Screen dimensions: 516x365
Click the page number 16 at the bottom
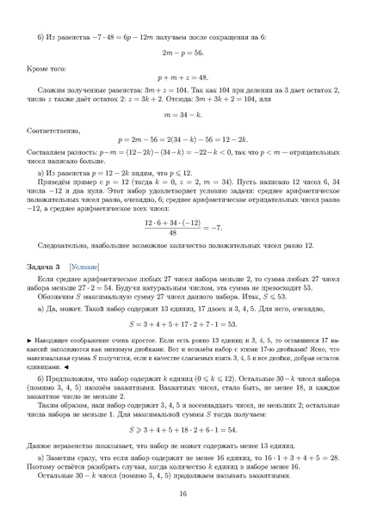[x=182, y=494]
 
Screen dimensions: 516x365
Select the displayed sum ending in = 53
[x=182, y=324]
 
